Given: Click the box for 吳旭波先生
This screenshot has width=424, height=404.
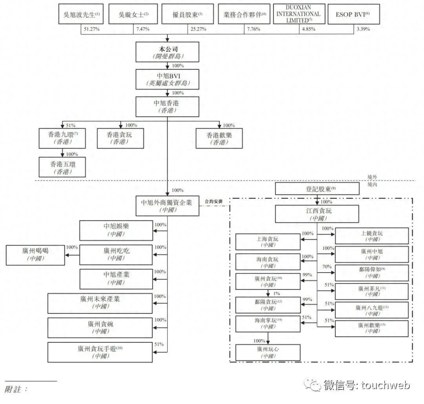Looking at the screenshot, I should click(x=82, y=14).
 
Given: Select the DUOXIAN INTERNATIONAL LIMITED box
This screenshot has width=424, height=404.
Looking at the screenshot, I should click(x=299, y=14).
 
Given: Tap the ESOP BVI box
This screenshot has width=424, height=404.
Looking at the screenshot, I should click(x=353, y=14).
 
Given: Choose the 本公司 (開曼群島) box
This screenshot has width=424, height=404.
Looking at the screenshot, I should click(x=167, y=52).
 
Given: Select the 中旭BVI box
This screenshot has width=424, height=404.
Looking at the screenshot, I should click(x=167, y=79).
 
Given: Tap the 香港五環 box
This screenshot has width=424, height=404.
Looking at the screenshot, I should click(x=62, y=167).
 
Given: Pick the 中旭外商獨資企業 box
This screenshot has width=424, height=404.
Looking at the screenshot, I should click(x=167, y=206).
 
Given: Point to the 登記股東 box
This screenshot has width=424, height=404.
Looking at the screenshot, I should click(x=317, y=189).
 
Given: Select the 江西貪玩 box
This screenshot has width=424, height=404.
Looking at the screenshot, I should click(x=317, y=214).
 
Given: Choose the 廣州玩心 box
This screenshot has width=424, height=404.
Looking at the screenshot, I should click(x=268, y=352).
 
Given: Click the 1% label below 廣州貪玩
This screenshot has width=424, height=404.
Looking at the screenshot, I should click(x=276, y=293).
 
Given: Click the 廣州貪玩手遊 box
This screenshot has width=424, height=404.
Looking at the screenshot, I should click(x=100, y=352).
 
